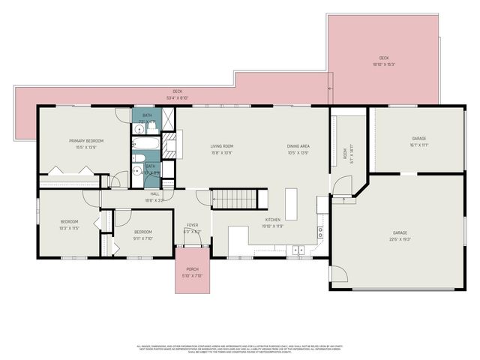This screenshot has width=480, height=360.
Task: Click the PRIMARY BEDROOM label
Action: click(85, 140)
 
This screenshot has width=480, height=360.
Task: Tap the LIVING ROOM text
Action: click(221, 146)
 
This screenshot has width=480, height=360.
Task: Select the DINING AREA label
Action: click(298, 146)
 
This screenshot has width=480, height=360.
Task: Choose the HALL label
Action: click(154, 193)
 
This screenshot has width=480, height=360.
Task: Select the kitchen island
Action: click(291, 203)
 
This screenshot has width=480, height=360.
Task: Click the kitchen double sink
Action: click(296, 248)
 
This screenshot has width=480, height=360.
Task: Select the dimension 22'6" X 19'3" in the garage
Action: click(399, 240)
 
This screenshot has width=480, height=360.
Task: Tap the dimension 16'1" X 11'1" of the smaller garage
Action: click(418, 145)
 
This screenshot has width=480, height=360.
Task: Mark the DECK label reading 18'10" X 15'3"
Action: click(383, 64)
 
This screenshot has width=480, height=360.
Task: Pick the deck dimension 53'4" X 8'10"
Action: click(177, 97)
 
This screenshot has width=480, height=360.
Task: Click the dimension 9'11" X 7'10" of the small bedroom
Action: click(142, 238)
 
